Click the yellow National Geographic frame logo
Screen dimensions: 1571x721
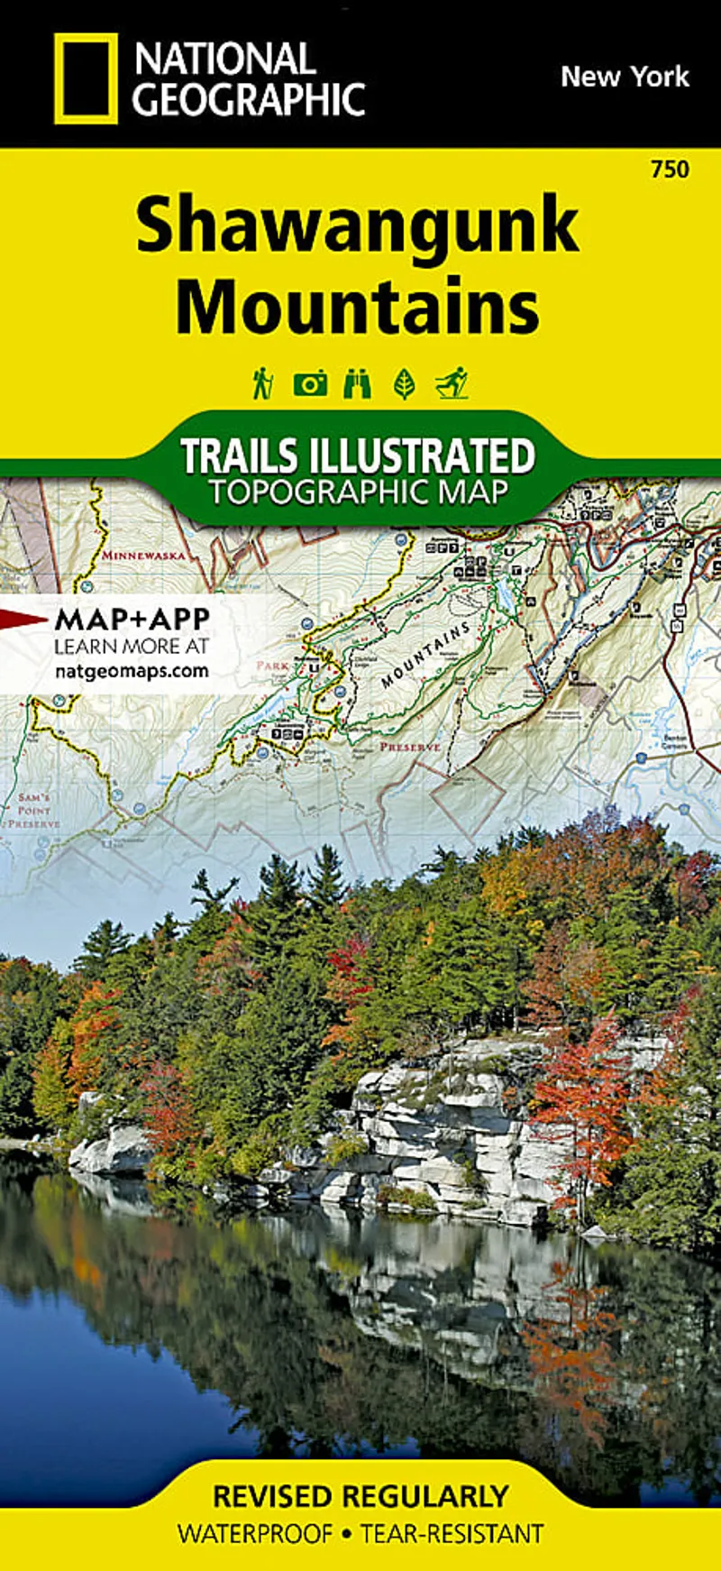click(x=86, y=78)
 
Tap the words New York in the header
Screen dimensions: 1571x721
click(x=625, y=77)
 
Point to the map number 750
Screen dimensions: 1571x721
click(x=670, y=169)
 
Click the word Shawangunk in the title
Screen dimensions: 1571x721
click(x=357, y=226)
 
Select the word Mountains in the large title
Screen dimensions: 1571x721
click(x=357, y=307)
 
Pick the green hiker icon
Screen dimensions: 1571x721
click(x=262, y=383)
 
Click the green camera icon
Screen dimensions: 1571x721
click(x=310, y=384)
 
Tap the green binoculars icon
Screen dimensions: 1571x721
click(x=357, y=384)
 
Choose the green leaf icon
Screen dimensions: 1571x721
click(x=405, y=384)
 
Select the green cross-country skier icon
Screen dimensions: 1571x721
click(x=452, y=383)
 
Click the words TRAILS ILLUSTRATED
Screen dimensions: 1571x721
click(x=358, y=455)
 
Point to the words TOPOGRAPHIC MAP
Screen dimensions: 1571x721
click(x=358, y=492)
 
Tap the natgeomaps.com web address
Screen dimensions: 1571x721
click(x=132, y=671)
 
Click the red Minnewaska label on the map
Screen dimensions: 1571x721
click(x=143, y=556)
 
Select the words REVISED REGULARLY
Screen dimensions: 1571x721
click(x=360, y=1496)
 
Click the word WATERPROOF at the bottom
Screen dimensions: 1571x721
click(x=255, y=1533)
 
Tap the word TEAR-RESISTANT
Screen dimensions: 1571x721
click(x=452, y=1533)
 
